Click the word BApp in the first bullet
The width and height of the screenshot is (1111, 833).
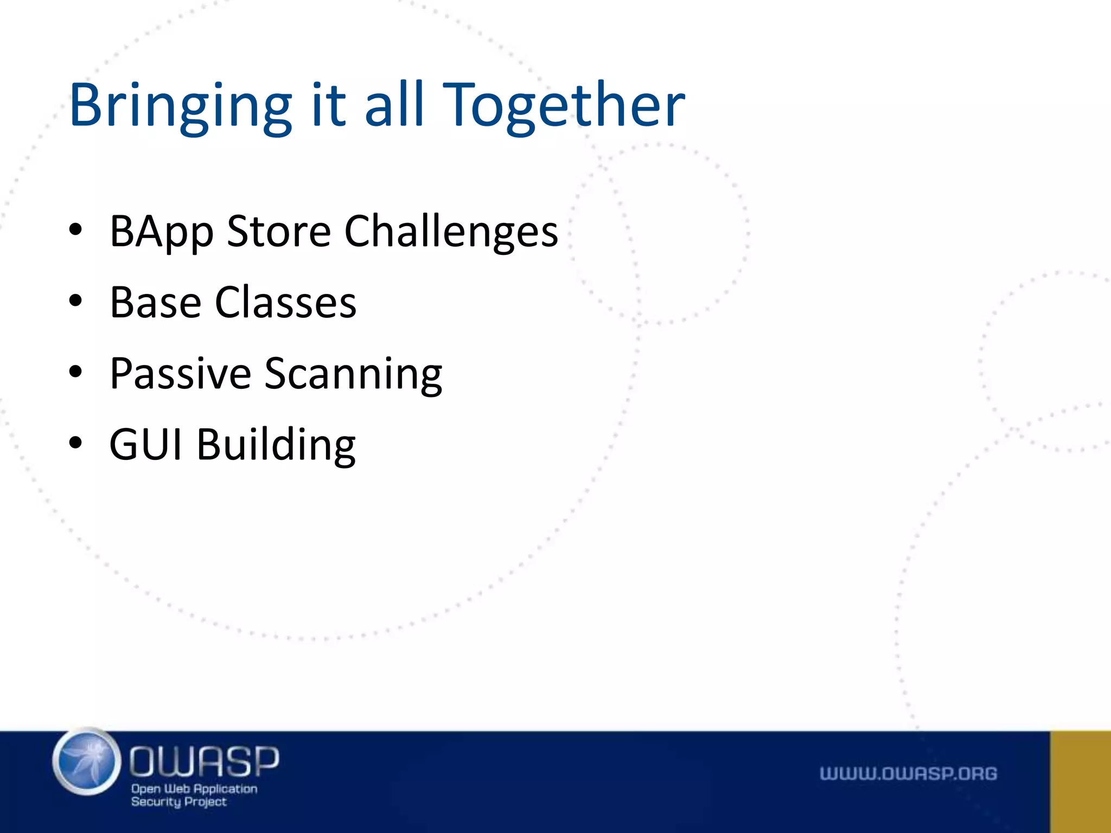coord(161,232)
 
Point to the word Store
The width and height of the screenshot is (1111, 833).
coord(279,231)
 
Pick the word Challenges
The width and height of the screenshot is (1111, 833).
coord(451,232)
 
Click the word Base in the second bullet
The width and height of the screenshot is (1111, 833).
coord(155,302)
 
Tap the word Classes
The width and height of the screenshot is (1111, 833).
coord(286,302)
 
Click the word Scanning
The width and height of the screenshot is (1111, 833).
coord(353,374)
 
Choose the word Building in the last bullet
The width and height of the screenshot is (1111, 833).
coord(276,445)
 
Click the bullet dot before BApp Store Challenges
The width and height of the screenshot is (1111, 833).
coord(75,230)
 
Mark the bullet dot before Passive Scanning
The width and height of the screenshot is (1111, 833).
coord(75,372)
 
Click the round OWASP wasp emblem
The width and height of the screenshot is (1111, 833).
coord(87,762)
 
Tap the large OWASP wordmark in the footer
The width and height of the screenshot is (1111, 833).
coord(204,761)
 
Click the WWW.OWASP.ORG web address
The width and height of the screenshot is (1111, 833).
coord(908,774)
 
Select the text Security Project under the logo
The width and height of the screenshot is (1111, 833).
coord(178,802)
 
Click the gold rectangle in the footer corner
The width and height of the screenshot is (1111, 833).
coord(1080,781)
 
